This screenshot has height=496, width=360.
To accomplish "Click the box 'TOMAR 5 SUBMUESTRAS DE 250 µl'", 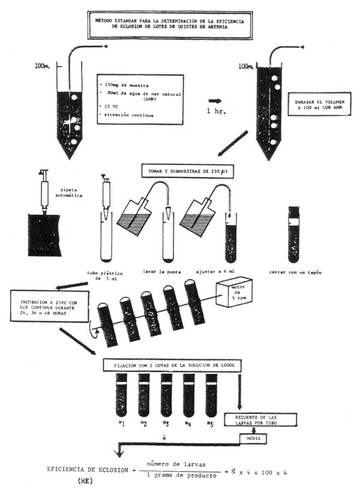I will tap(187, 172).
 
